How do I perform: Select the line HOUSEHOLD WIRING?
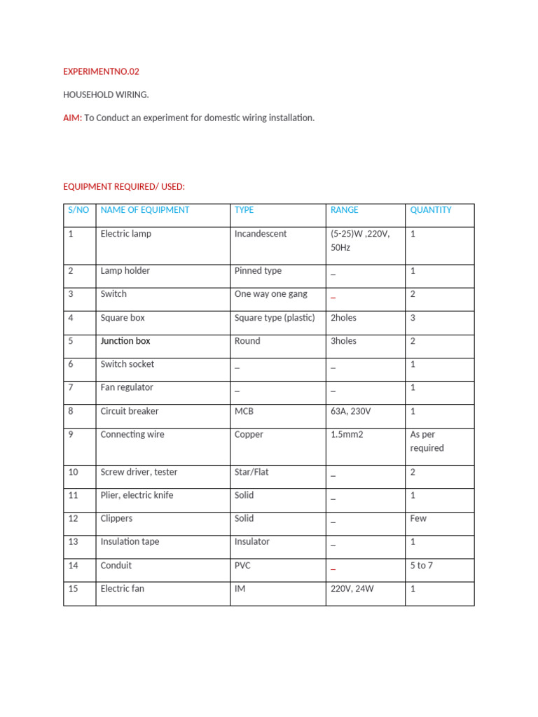pos(106,95)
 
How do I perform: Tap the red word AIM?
pos(73,118)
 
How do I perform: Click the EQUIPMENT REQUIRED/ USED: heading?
pos(124,186)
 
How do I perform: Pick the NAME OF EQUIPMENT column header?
pos(145,210)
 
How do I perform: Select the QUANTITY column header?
pos(431,210)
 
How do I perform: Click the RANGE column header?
pos(344,210)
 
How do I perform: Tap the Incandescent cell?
pos(261,234)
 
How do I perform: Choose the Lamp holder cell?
pos(125,271)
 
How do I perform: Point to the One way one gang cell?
pos(271,294)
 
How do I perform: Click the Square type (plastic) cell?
pos(275,318)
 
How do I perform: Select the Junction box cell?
pos(125,341)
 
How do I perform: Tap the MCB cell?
pos(244,412)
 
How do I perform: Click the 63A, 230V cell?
pos(351,412)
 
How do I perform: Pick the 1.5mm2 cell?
pos(347,435)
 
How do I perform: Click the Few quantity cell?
pos(418,519)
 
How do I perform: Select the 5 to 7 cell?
pos(422,566)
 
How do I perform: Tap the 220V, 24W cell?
pos(352,589)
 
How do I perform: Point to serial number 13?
pos(74,542)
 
